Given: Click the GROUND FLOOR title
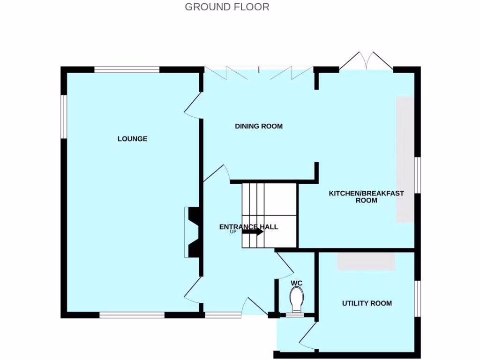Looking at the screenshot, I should click(x=227, y=7).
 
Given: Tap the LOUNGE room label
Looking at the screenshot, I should click(x=132, y=139).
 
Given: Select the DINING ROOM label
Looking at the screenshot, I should click(x=259, y=126).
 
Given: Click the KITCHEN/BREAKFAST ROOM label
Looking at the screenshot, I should click(x=366, y=196).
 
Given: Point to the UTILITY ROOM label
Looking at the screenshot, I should click(x=367, y=303).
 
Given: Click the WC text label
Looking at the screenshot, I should click(x=296, y=283).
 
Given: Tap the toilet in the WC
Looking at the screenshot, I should click(x=296, y=299).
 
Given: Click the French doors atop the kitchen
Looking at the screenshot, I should click(x=366, y=61).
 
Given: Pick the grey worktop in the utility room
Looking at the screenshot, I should click(x=366, y=261).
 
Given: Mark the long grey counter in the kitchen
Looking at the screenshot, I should click(x=405, y=160).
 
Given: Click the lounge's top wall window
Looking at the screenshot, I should click(x=127, y=70).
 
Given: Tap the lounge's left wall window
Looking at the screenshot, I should click(x=63, y=117).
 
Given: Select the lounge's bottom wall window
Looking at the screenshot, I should click(x=132, y=315).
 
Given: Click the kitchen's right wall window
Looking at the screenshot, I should click(x=417, y=175).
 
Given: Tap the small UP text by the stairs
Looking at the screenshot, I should click(x=233, y=232).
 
